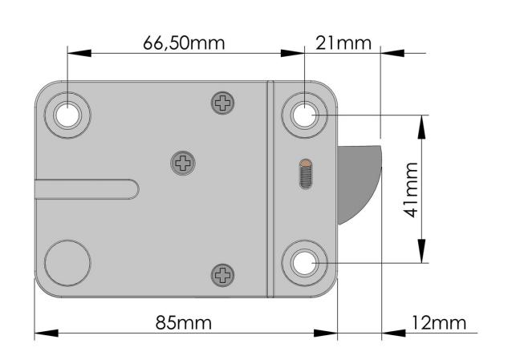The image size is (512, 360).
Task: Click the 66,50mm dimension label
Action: (184, 43)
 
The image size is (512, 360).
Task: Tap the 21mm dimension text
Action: (343, 43)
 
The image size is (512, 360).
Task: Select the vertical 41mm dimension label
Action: (410, 189)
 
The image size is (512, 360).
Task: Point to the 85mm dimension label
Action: (184, 322)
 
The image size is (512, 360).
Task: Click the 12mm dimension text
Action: (438, 322)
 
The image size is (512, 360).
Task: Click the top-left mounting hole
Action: (67, 115)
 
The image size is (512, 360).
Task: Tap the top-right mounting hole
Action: (305, 115)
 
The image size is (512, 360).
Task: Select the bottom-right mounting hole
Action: (305, 263)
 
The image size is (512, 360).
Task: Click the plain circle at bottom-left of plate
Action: (67, 263)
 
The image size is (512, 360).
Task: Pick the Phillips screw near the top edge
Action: (222, 103)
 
